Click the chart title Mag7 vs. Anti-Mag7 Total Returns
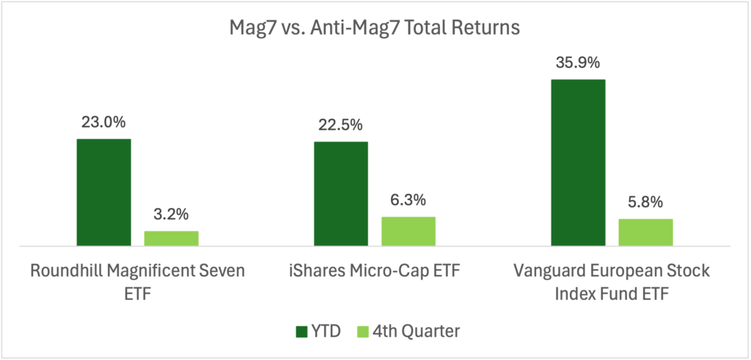374,29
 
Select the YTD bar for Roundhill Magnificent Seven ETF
103,192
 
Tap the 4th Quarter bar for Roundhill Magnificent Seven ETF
171,238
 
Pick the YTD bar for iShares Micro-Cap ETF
341,194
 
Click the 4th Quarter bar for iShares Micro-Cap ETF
409,231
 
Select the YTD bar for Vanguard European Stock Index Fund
578,162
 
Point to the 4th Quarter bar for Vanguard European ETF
645,232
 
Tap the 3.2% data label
171,215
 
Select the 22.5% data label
341,125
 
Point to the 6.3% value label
409,200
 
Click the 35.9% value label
578,63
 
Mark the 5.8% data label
645,202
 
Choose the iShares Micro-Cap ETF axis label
375,271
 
